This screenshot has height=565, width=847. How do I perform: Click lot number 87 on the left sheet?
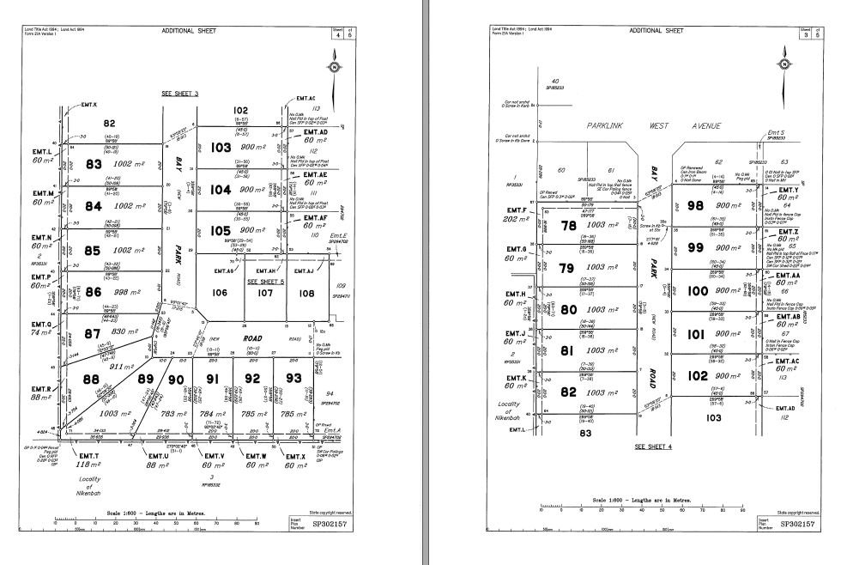pyautogui.click(x=92, y=333)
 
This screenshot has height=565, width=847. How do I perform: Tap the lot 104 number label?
pyautogui.click(x=221, y=189)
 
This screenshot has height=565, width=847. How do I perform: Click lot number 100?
pyautogui.click(x=697, y=291)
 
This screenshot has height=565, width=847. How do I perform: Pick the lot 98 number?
pyautogui.click(x=696, y=205)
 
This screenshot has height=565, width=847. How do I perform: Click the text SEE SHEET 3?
pyautogui.click(x=180, y=92)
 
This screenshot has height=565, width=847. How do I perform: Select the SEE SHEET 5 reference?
pyautogui.click(x=265, y=281)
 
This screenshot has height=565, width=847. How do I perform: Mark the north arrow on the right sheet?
pyautogui.click(x=783, y=64)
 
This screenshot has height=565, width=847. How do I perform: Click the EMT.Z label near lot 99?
pyautogui.click(x=789, y=232)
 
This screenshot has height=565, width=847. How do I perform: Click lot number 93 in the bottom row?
pyautogui.click(x=293, y=378)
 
